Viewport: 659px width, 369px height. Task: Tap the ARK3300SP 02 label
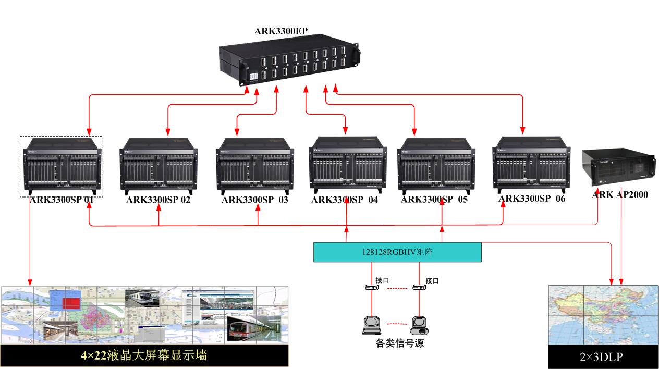point(158,200)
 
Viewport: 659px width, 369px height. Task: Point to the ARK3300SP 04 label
point(345,200)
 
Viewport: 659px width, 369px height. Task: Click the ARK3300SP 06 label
point(532,199)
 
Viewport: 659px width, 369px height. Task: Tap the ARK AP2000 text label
point(620,195)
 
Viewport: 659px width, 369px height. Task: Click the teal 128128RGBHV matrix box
point(397,252)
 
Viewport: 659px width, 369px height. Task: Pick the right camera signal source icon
point(420,325)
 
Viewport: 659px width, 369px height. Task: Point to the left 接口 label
point(382,280)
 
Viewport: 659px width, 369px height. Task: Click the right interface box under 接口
point(420,287)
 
